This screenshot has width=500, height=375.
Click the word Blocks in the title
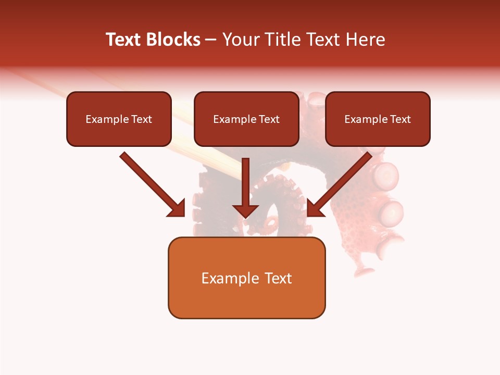(173, 40)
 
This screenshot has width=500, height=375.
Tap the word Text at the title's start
(124, 40)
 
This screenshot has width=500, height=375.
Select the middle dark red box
(246, 132)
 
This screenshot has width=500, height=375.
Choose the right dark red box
(378, 132)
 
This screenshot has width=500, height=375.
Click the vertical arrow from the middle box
(246, 182)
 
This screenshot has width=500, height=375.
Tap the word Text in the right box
(400, 119)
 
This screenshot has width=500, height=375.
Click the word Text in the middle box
(269, 119)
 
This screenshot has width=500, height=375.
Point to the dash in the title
(211, 40)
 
